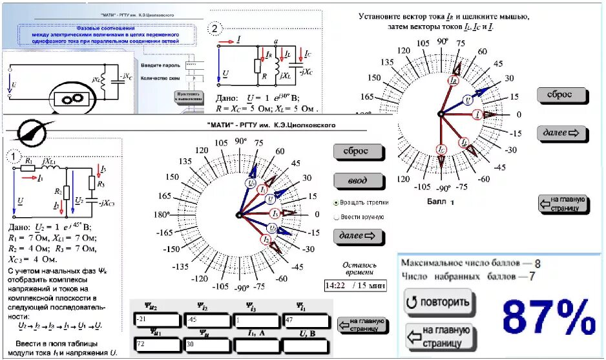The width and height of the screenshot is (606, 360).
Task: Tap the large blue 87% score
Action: [x=549, y=317]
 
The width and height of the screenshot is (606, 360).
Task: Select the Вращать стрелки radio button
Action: [x=336, y=202]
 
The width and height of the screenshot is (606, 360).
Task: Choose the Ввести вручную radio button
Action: [x=336, y=217]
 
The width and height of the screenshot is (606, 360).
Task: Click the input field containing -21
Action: [x=155, y=319]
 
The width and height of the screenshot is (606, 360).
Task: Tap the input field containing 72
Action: [x=155, y=344]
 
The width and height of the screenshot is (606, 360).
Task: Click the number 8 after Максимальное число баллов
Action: [x=537, y=263]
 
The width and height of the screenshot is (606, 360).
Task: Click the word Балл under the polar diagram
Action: [x=437, y=202]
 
